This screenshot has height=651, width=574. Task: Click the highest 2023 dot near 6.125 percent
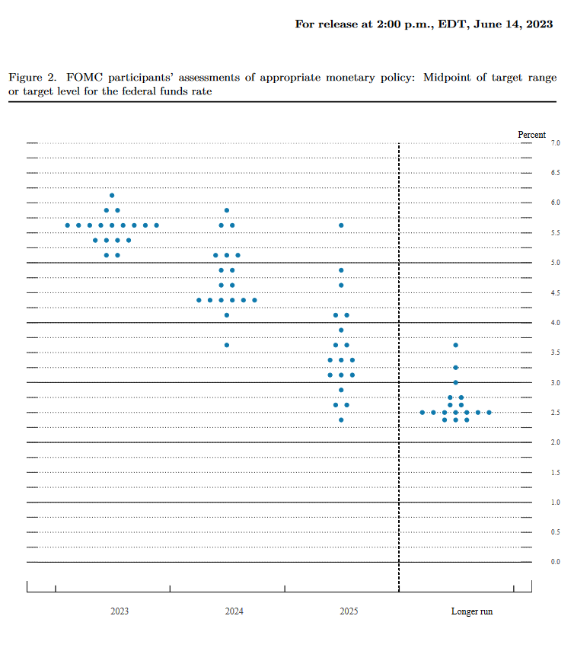click(112, 196)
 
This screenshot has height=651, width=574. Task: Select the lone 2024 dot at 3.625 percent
click(227, 345)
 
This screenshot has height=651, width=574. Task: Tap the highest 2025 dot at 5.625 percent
click(341, 225)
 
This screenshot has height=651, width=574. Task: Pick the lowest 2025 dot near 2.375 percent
click(341, 420)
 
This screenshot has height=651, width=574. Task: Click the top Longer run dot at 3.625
click(455, 345)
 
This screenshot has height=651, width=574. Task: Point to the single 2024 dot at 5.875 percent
click(227, 210)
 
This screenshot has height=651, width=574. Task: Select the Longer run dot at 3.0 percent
click(455, 382)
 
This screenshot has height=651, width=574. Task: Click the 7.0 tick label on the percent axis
click(556, 143)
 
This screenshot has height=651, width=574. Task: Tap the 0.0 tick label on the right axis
click(556, 562)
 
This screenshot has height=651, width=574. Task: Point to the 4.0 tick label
click(556, 323)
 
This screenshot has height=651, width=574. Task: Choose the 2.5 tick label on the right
click(556, 413)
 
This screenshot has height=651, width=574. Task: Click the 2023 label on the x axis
click(119, 611)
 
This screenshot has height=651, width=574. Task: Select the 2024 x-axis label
click(234, 611)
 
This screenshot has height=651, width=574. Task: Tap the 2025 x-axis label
click(349, 611)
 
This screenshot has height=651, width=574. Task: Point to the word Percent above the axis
click(531, 135)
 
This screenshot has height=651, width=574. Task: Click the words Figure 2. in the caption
click(33, 78)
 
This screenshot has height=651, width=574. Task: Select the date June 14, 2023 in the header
click(511, 24)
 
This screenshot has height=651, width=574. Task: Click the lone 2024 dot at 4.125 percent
click(227, 315)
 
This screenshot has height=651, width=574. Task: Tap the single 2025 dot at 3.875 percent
click(341, 330)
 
